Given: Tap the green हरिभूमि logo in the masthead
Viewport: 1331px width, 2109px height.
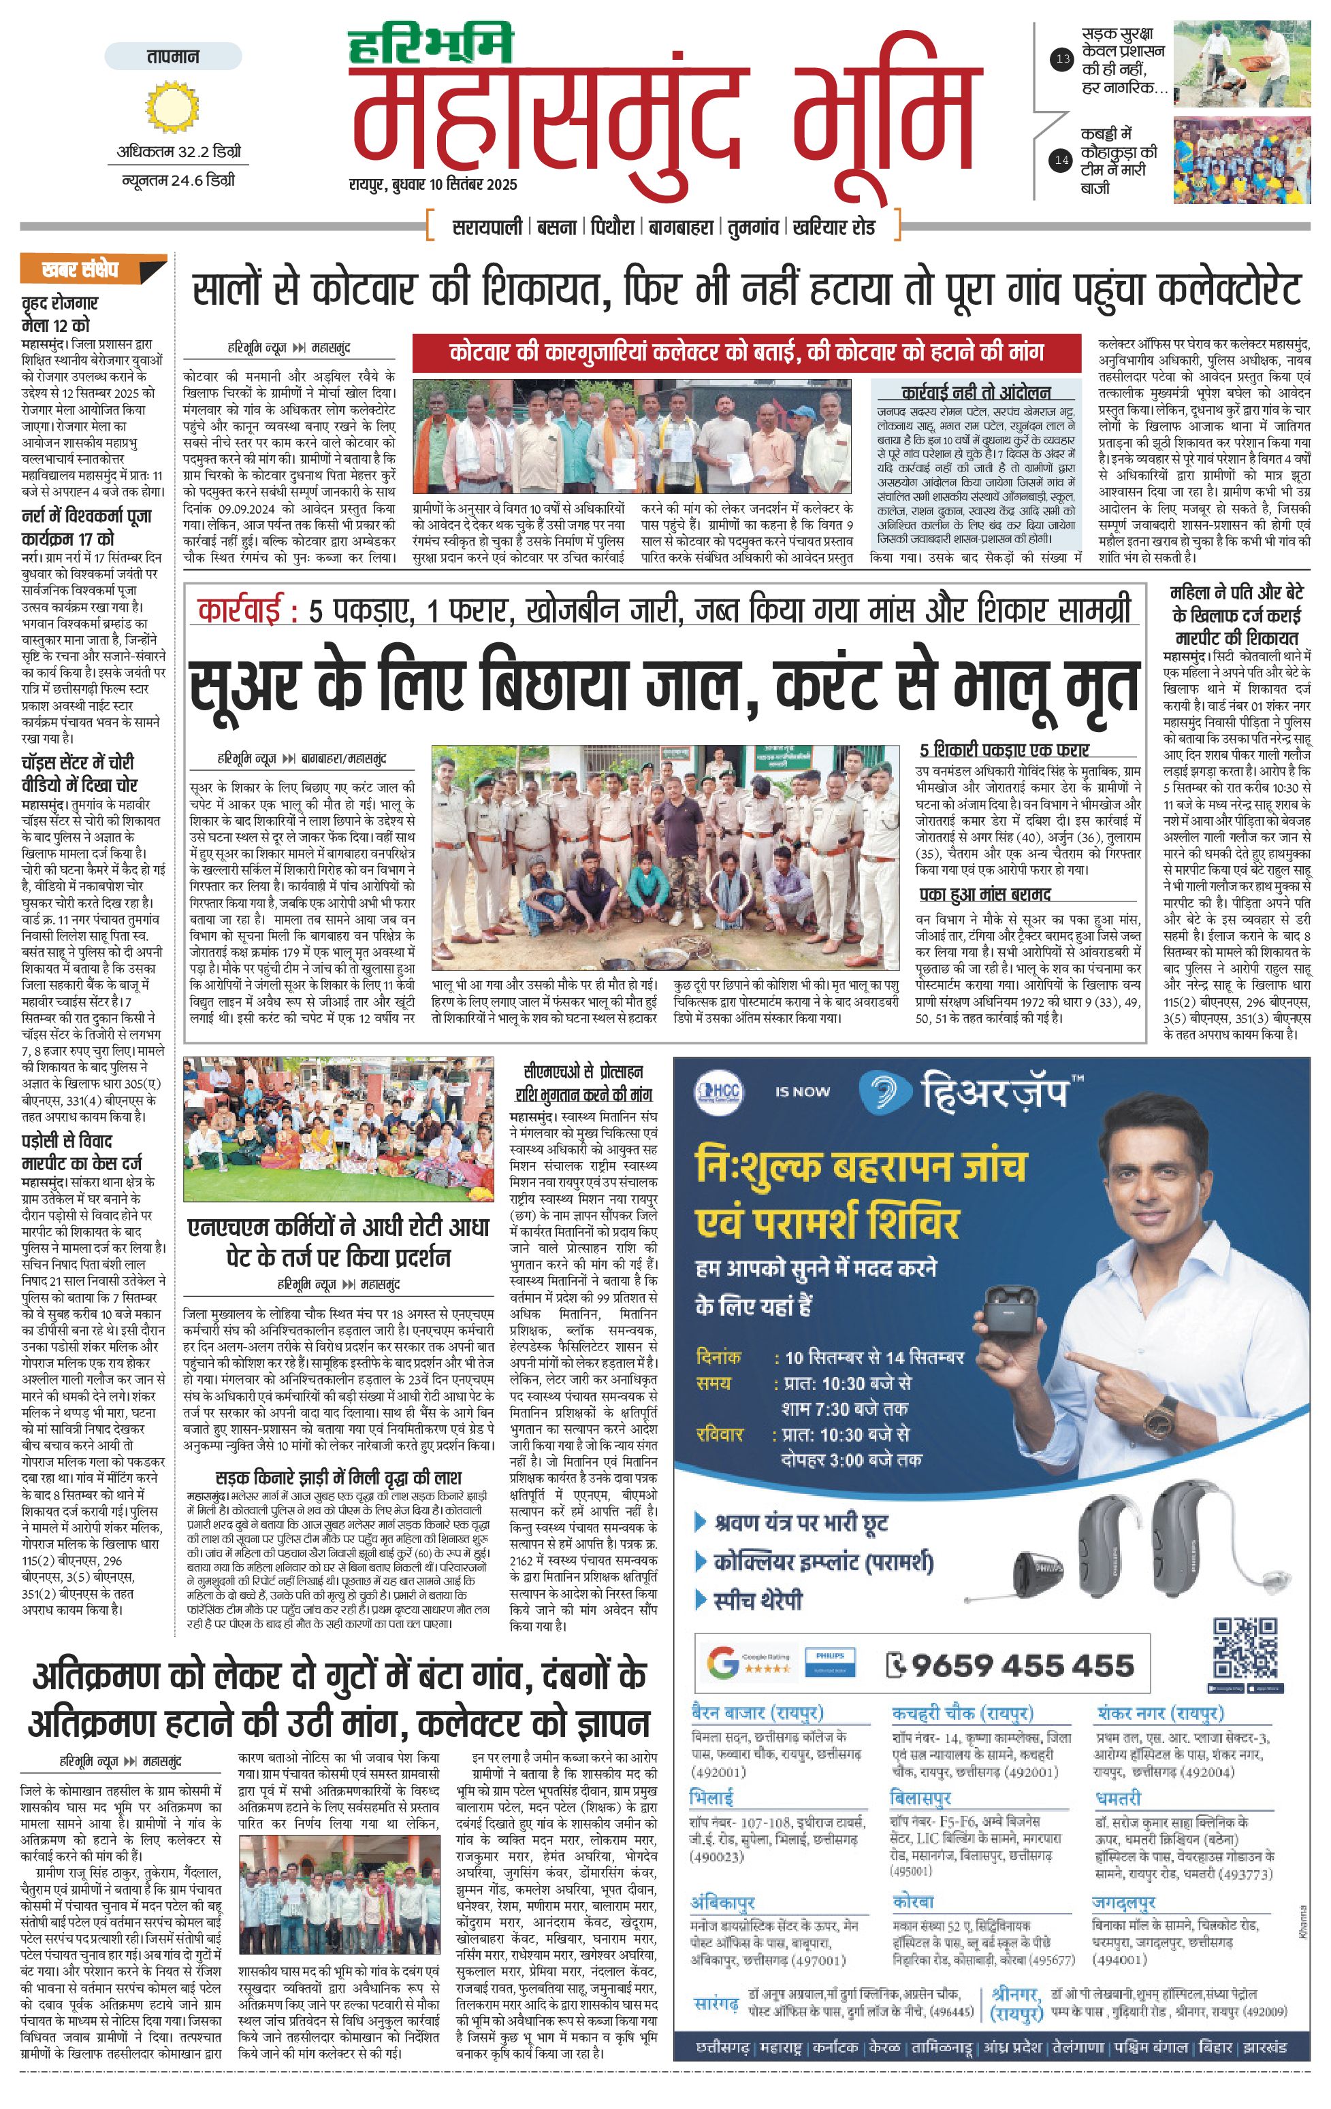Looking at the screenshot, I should click(x=430, y=46).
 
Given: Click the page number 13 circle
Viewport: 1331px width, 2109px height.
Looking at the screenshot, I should click(x=1062, y=61).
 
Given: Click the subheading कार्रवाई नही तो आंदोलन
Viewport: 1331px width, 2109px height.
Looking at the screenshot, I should click(x=975, y=393).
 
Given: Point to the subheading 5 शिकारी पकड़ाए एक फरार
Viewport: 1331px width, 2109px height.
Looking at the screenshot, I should click(x=1004, y=750).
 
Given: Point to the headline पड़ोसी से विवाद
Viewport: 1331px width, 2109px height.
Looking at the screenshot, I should click(x=67, y=1140).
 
